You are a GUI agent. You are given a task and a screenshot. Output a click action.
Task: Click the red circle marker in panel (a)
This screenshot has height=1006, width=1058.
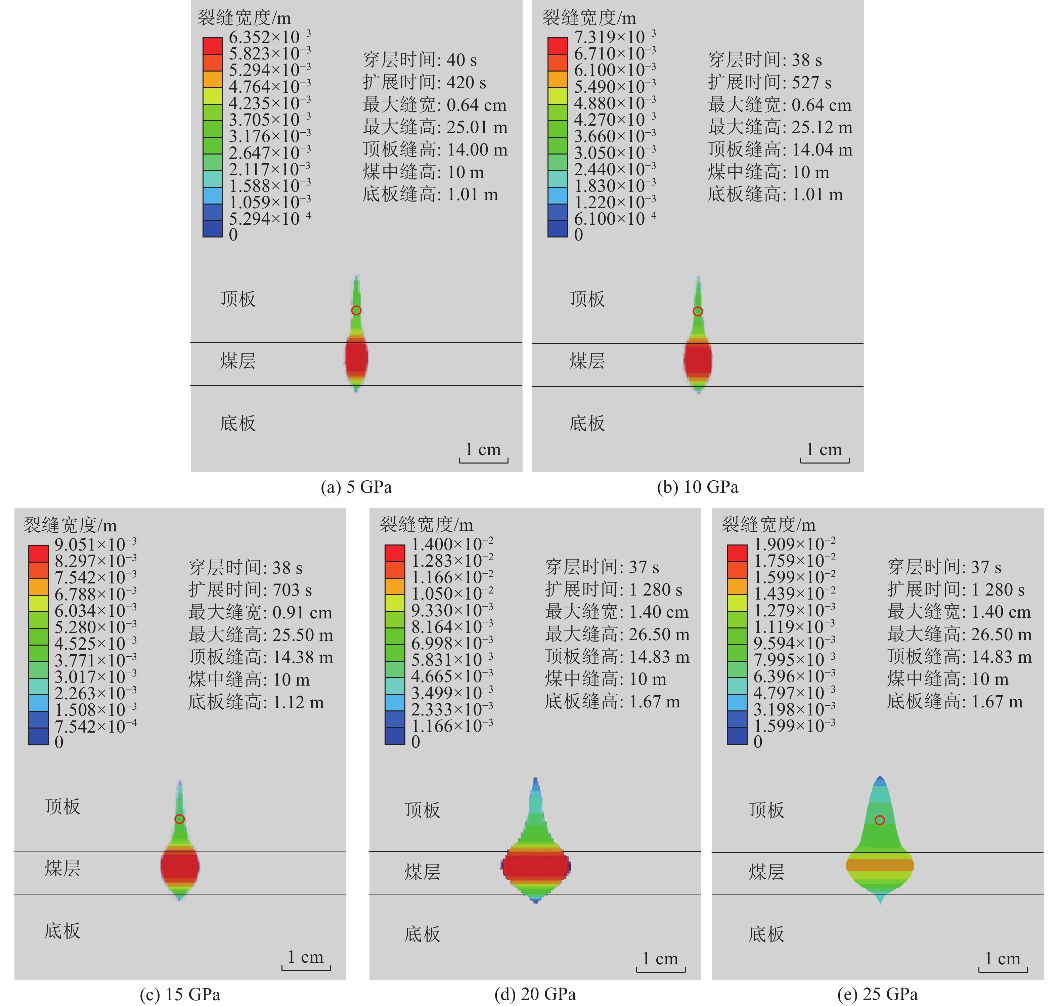point(356,310)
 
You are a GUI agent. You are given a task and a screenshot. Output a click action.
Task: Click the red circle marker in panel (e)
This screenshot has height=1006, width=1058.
point(879,820)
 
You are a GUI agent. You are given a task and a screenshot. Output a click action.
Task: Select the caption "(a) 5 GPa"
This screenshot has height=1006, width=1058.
point(356,487)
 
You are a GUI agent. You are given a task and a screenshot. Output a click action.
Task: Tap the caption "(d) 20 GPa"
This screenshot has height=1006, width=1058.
point(535,994)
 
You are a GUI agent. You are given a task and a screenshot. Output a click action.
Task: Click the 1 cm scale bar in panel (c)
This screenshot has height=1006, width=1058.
point(306,960)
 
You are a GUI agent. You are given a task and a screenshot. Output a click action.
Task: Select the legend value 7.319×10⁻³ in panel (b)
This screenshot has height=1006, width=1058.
point(615,38)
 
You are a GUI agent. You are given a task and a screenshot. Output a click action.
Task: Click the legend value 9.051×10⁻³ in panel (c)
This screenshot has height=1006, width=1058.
point(95,545)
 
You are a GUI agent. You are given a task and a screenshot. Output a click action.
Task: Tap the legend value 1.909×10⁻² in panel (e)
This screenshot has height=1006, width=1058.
point(794,545)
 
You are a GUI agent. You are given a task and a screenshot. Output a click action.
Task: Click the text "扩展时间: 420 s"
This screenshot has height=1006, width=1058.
point(424,83)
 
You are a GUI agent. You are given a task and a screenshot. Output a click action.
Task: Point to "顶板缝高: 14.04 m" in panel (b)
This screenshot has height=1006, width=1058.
point(780,149)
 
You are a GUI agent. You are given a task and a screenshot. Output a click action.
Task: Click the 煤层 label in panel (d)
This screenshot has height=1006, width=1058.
point(423,872)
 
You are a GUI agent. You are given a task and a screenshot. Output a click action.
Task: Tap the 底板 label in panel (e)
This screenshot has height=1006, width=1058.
point(766,934)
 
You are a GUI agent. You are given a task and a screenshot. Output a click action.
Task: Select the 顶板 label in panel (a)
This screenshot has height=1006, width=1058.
point(238,299)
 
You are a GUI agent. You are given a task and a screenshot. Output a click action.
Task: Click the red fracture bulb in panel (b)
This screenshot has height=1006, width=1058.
point(698,359)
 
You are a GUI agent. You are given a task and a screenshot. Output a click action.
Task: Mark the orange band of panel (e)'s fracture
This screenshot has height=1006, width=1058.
point(879,865)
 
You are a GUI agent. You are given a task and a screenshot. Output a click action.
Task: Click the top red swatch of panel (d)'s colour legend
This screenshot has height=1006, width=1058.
point(395,553)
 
